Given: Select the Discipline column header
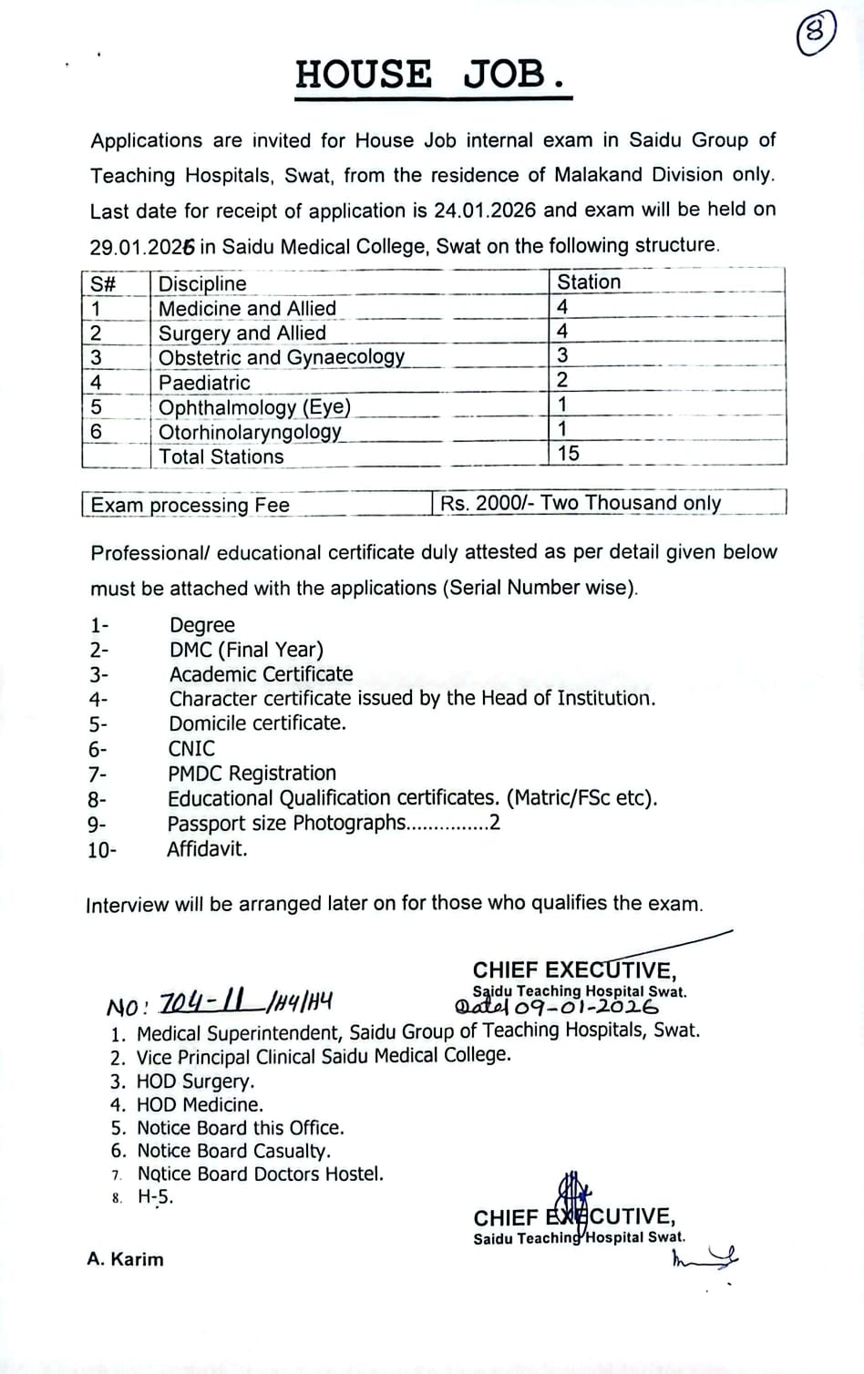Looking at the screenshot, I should [202, 283].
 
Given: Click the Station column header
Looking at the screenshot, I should [589, 282].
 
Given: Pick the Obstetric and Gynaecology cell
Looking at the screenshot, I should [281, 357].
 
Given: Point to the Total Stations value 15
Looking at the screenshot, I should [568, 454].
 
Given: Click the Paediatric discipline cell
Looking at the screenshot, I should [204, 383].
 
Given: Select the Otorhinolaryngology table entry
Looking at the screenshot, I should [250, 432].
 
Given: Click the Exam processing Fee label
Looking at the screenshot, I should [190, 505].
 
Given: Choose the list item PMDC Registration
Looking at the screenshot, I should [252, 774].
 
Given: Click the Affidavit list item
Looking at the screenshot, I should [207, 849].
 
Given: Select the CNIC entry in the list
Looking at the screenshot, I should [191, 749].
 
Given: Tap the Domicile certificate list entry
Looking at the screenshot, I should [257, 723].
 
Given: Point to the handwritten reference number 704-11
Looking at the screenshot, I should [202, 1003].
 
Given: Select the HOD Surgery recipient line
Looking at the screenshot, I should [195, 1082].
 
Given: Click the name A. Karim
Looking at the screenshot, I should [126, 1259].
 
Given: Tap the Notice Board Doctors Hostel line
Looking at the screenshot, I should [261, 1174].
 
